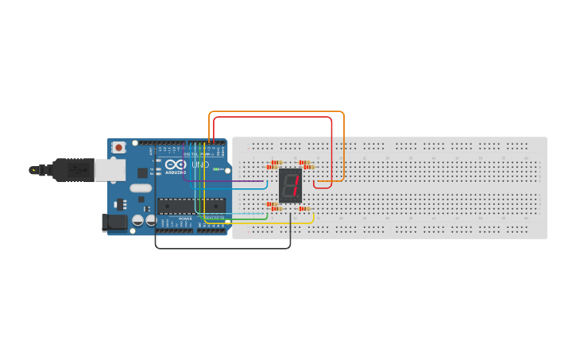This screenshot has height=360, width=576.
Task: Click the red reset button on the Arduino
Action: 119,147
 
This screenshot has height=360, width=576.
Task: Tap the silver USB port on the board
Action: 109,168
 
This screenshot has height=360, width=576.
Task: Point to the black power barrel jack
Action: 115,223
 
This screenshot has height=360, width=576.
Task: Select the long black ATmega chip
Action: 191,206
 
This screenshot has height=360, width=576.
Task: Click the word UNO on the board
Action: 200,165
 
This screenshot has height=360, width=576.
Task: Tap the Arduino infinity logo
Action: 176,165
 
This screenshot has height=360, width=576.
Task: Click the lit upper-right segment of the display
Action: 296,181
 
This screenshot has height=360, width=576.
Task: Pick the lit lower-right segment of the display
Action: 294,193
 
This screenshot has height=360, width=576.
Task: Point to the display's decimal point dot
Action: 300,199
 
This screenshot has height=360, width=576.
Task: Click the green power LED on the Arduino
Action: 216,169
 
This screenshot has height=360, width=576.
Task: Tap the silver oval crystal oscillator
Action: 141,188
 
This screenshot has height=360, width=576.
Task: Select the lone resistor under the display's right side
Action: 303,208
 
